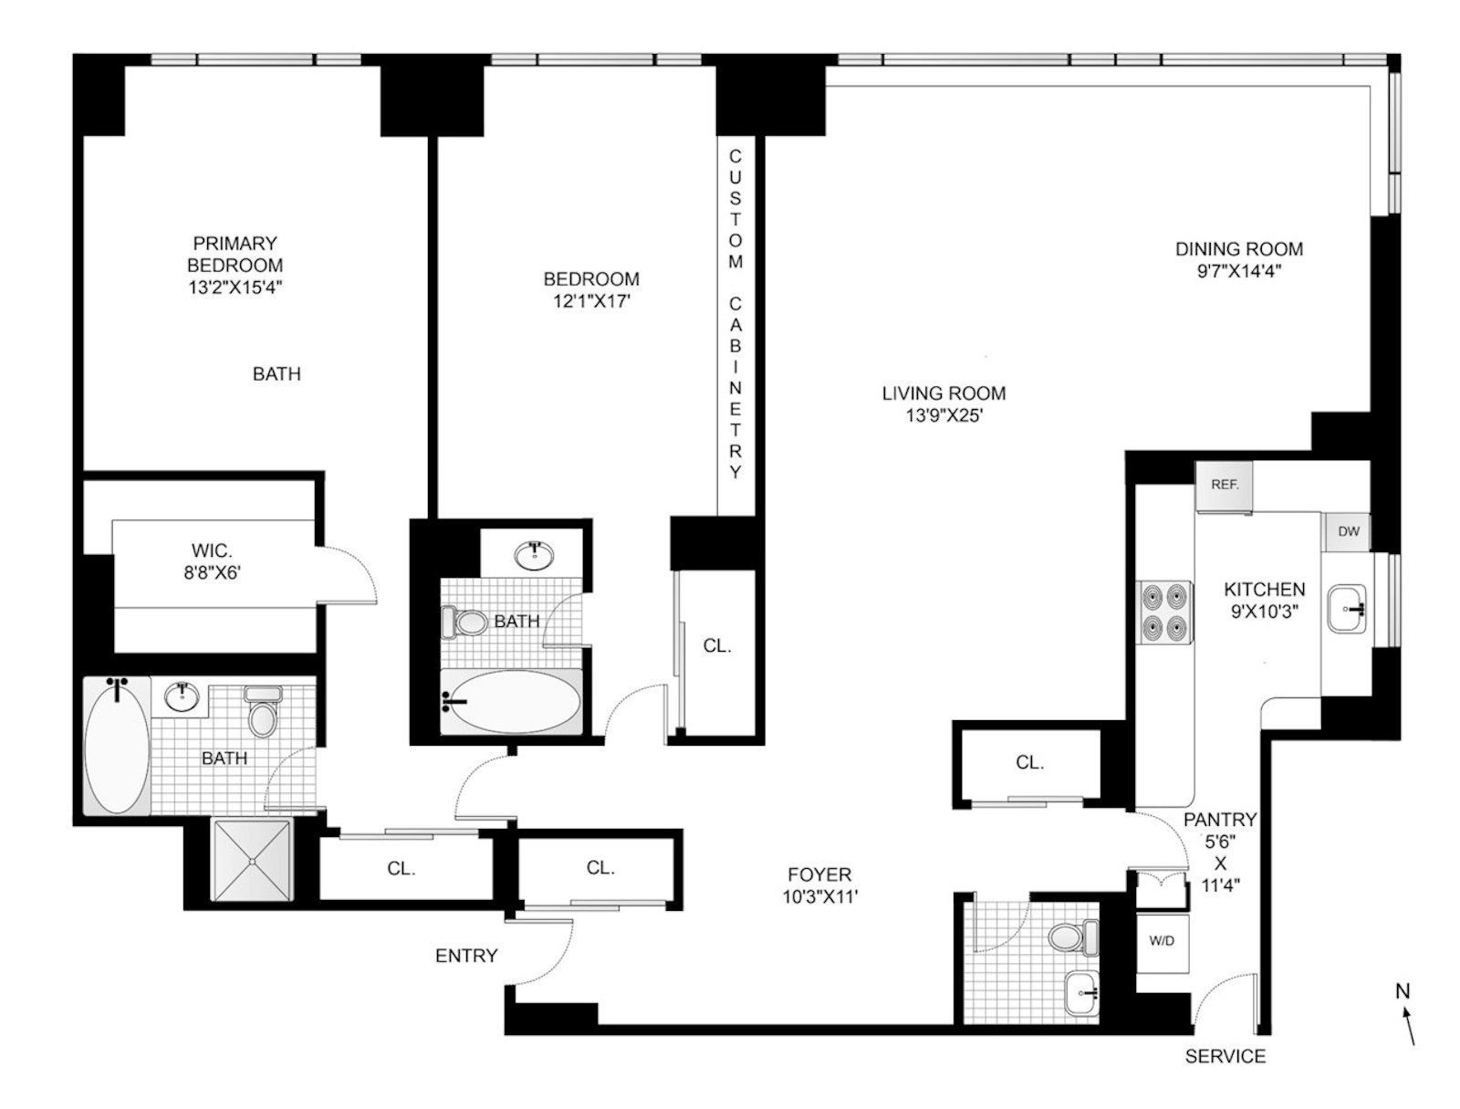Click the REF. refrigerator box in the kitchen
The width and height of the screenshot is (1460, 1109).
pyautogui.click(x=1224, y=485)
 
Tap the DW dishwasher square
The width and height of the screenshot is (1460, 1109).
pyautogui.click(x=1348, y=531)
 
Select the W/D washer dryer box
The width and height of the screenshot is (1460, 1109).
pyautogui.click(x=1162, y=941)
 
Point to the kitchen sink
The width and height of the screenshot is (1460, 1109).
pyautogui.click(x=1347, y=609)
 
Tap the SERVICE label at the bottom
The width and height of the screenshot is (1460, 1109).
pyautogui.click(x=1225, y=1056)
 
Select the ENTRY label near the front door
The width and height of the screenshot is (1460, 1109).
pyautogui.click(x=466, y=956)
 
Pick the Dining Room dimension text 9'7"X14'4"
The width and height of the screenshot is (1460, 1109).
pyautogui.click(x=1238, y=270)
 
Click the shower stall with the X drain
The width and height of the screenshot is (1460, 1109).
pyautogui.click(x=251, y=860)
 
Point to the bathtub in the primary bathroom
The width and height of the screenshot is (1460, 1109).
pyautogui.click(x=116, y=745)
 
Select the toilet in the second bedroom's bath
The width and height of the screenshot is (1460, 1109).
pyautogui.click(x=464, y=623)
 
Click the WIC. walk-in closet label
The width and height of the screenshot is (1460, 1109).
pyautogui.click(x=212, y=551)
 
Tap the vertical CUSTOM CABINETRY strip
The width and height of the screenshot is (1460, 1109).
pyautogui.click(x=735, y=315)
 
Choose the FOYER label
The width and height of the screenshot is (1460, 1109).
pyautogui.click(x=819, y=874)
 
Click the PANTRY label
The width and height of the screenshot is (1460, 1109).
pyautogui.click(x=1220, y=820)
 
